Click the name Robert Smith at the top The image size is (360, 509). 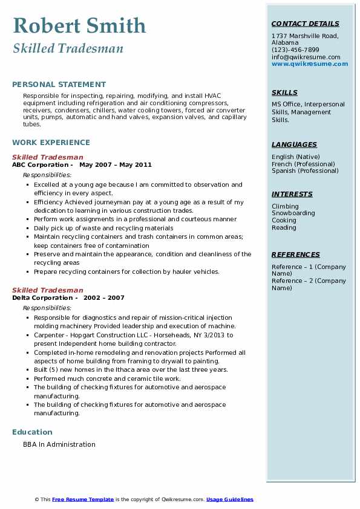[x=79, y=25]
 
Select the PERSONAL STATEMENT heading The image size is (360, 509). [x=59, y=85]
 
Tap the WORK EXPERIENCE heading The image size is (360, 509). [x=51, y=143]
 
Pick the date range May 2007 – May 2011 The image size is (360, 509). [x=115, y=164]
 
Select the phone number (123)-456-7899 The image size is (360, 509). [x=295, y=50]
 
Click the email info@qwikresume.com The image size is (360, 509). [x=306, y=57]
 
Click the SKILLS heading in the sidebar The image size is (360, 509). [x=284, y=92]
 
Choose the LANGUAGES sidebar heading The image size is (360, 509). [x=294, y=144]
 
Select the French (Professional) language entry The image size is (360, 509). [x=303, y=164]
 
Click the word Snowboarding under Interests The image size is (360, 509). [x=293, y=213]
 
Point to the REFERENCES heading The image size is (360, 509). [x=295, y=254]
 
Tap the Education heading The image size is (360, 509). [x=32, y=432]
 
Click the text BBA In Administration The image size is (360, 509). [x=59, y=444]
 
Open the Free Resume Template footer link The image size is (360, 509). [x=83, y=499]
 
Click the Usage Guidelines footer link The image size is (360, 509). [x=229, y=499]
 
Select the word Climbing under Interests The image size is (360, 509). [x=285, y=206]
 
